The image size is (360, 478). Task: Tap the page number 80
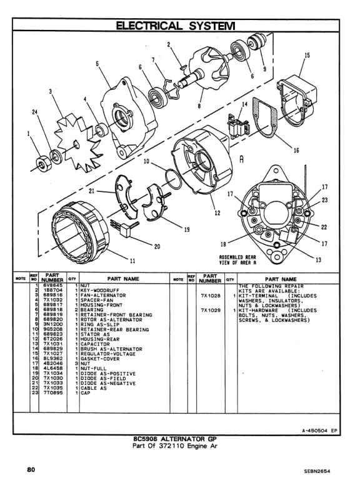pyautogui.click(x=30, y=469)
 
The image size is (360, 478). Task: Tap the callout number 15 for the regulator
pyautogui.click(x=307, y=55)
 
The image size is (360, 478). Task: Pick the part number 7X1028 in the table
pyautogui.click(x=211, y=295)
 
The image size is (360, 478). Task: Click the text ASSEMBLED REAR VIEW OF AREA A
pyautogui.click(x=238, y=260)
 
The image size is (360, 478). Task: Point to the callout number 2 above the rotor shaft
pyautogui.click(x=169, y=44)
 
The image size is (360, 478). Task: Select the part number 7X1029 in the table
pyautogui.click(x=211, y=309)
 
